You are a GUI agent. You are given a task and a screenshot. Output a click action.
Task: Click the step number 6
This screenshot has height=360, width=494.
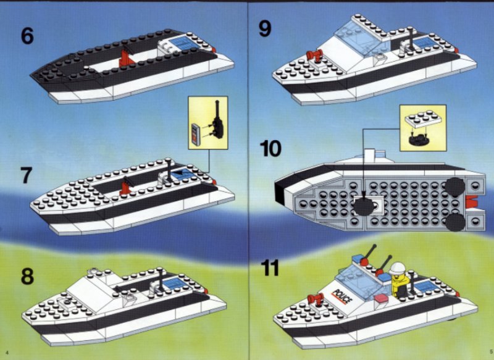pyautogui.click(x=27, y=36)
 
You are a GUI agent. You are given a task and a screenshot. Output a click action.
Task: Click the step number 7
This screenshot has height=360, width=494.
pyautogui.click(x=27, y=175)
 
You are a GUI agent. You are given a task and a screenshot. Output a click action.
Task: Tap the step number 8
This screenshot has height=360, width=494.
pyautogui.click(x=27, y=276)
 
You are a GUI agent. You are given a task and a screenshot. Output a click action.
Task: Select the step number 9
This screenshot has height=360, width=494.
pyautogui.click(x=265, y=28)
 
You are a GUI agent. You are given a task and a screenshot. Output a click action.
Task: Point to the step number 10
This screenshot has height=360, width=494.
pyautogui.click(x=270, y=148)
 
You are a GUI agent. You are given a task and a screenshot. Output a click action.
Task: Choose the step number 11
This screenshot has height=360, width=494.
pyautogui.click(x=270, y=268)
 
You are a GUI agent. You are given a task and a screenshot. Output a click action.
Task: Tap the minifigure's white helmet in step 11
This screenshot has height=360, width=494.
pyautogui.click(x=397, y=269)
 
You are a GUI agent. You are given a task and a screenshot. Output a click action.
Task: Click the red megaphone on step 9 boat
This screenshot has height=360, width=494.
pyautogui.click(x=314, y=56)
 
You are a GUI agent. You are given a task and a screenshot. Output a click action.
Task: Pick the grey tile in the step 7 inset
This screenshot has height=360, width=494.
pyautogui.click(x=196, y=135)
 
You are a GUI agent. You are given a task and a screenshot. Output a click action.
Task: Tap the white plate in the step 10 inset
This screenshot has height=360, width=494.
pyautogui.click(x=423, y=119)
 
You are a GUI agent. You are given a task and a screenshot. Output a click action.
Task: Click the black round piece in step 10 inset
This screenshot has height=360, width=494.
pyautogui.click(x=419, y=140)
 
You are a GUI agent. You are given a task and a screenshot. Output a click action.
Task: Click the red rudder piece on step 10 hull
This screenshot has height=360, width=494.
pyautogui.click(x=471, y=202)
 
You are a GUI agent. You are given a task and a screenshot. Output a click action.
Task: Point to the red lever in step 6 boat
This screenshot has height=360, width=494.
pyautogui.click(x=126, y=57)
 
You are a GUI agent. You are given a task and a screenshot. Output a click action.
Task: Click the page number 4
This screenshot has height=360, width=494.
pyautogui.click(x=7, y=352)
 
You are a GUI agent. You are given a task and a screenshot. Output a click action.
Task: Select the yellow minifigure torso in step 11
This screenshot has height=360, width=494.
pyautogui.click(x=400, y=285)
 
